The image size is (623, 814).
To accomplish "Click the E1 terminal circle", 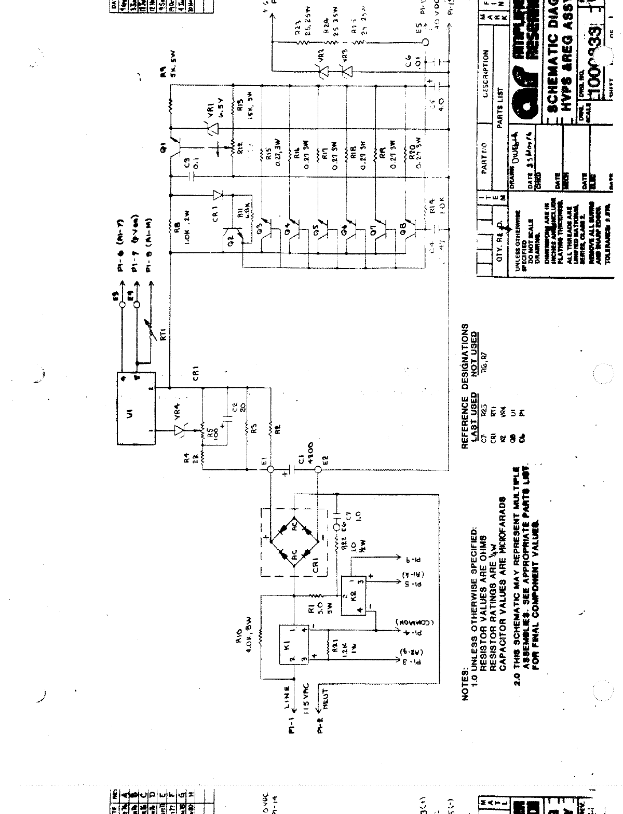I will pyautogui.click(x=270, y=470).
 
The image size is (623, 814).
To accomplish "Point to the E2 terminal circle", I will pyautogui.click(x=318, y=470).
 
